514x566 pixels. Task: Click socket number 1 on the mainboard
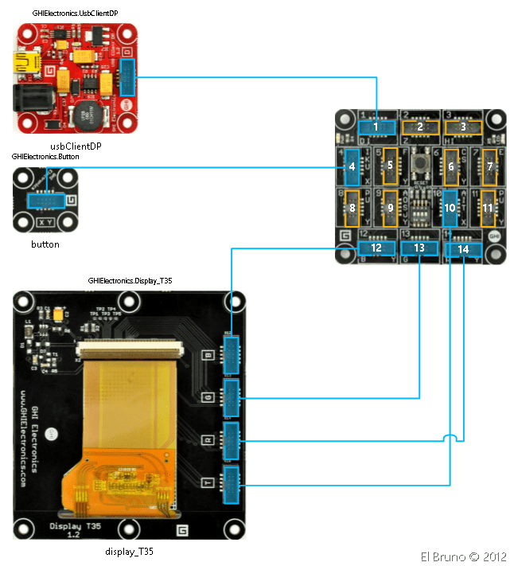[x=376, y=127]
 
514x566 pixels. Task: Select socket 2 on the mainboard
[x=419, y=127]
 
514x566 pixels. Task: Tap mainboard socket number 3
[x=462, y=127]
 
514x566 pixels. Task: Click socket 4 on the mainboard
[x=351, y=166]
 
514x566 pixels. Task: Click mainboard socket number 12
[x=376, y=248]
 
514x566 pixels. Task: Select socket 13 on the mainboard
[x=419, y=248]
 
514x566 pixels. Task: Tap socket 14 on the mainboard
[x=462, y=249]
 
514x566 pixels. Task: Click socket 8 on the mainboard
[x=351, y=207]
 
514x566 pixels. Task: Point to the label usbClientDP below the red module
[x=76, y=146]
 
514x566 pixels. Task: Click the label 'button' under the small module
[x=45, y=244]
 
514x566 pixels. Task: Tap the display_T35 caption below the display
[x=128, y=551]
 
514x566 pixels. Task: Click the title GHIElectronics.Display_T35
[x=130, y=281]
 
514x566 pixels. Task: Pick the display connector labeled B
[x=232, y=353]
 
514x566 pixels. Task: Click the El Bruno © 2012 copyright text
[x=463, y=556]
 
